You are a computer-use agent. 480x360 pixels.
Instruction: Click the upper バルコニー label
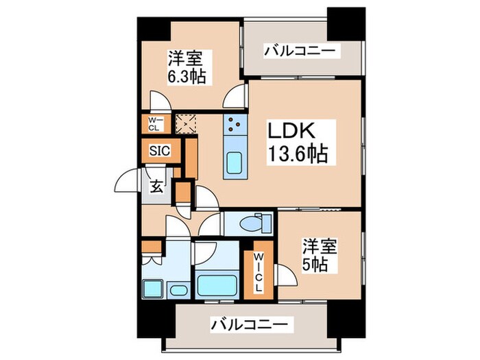[x=301, y=50]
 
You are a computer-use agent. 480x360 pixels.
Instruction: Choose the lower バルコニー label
[x=251, y=323]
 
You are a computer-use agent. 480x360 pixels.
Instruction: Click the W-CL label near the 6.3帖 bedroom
[x=152, y=124]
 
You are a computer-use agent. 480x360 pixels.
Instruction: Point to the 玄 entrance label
[x=157, y=186]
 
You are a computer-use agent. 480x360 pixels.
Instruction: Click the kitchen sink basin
[x=235, y=164]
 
